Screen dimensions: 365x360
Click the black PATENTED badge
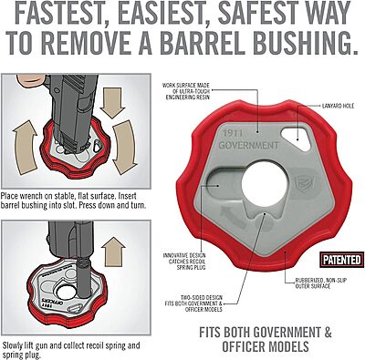pyautogui.click(x=342, y=260)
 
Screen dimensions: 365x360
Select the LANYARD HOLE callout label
pyautogui.click(x=338, y=106)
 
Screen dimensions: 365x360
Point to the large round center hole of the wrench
pyautogui.click(x=265, y=184)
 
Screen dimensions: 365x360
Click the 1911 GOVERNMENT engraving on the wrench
pyautogui.click(x=248, y=139)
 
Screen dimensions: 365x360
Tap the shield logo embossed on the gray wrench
pyautogui.click(x=302, y=185)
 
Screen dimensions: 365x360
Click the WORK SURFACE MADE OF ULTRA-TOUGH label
pyautogui.click(x=186, y=91)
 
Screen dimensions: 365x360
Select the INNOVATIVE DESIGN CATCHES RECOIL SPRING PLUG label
pyautogui.click(x=184, y=262)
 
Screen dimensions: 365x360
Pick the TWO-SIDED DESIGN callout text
pyautogui.click(x=193, y=303)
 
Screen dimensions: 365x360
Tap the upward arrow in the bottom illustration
pyautogui.click(x=113, y=247)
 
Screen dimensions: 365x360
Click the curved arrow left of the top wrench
pyautogui.click(x=24, y=148)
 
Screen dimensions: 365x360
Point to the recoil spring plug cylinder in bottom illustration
pyautogui.click(x=84, y=277)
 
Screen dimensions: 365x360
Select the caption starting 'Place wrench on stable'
pyautogui.click(x=73, y=201)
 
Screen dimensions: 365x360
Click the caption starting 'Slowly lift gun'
pyautogui.click(x=71, y=350)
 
